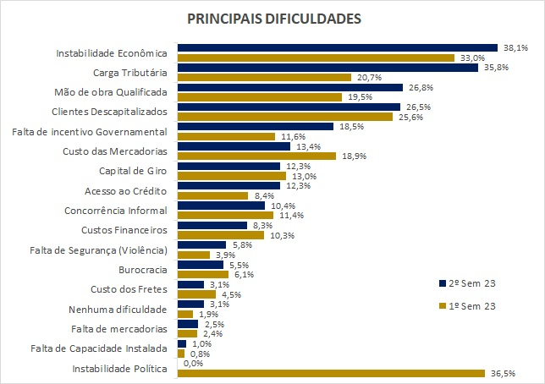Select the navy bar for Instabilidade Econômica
click(x=337, y=48)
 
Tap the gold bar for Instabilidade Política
click(x=330, y=373)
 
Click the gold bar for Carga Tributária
click(x=264, y=77)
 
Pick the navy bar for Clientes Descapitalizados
click(x=289, y=107)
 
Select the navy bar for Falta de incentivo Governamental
click(x=255, y=127)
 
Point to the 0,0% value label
click(x=194, y=363)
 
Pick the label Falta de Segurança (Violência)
click(x=101, y=250)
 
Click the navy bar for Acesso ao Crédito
click(x=228, y=186)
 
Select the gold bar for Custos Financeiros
click(x=221, y=235)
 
